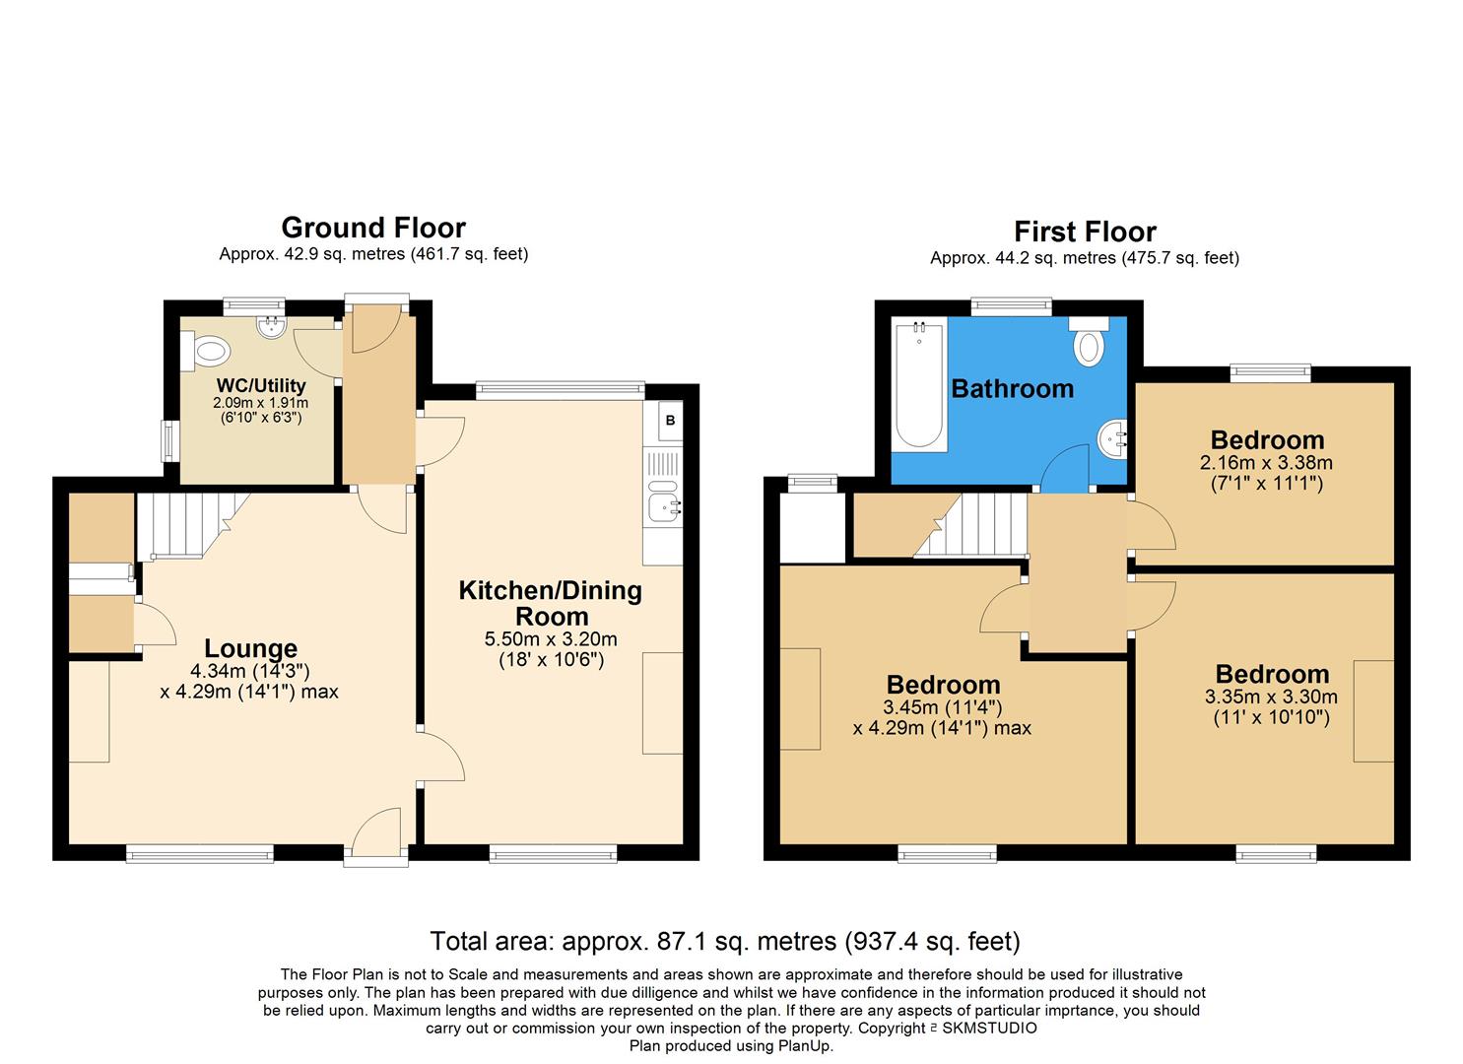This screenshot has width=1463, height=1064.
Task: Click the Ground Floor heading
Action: pos(373,228)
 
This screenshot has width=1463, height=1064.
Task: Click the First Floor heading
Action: pos(1085,232)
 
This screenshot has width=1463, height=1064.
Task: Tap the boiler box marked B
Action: pos(670,421)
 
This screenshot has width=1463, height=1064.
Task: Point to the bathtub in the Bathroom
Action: pos(919,387)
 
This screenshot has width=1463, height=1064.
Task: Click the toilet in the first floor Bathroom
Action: pos(1088,347)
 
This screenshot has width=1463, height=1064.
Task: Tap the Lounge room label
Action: pos(250,648)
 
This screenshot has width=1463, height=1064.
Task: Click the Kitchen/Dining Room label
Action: pos(551,603)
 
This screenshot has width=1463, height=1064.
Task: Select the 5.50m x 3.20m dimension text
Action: pos(551,639)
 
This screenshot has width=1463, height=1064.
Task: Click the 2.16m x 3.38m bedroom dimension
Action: pos(1267,462)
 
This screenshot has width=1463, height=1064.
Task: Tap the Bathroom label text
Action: pos(1012,388)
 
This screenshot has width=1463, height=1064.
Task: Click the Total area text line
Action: pos(725,941)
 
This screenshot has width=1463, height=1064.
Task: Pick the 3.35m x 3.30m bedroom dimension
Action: pos(1271,697)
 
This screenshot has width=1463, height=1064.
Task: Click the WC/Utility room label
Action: pos(261,385)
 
